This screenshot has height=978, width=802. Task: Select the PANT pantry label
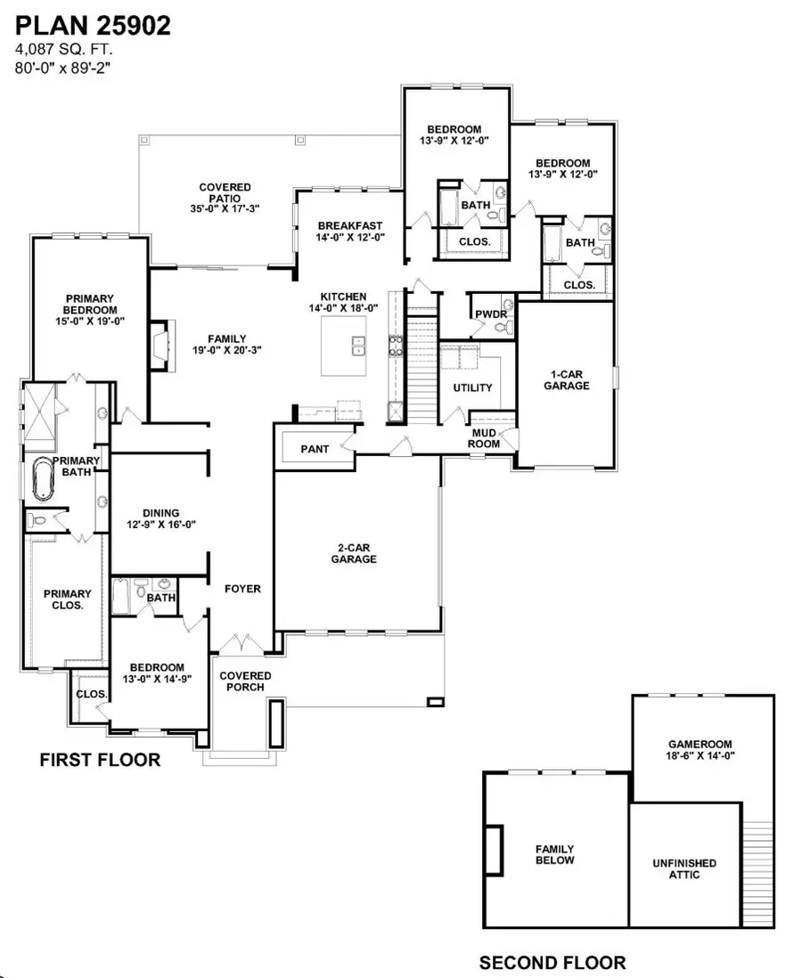click(314, 450)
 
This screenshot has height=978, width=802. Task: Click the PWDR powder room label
click(491, 314)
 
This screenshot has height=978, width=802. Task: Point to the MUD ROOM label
click(486, 436)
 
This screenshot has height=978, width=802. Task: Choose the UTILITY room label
click(472, 388)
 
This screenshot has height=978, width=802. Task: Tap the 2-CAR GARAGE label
click(356, 553)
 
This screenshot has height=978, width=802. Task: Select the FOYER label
click(242, 589)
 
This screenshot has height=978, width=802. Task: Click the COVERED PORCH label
click(245, 681)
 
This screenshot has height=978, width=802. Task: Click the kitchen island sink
click(359, 345)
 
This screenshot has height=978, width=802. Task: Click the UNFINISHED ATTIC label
click(683, 868)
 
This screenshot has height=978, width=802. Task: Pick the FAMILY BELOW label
click(554, 855)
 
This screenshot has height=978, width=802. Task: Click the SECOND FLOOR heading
click(552, 963)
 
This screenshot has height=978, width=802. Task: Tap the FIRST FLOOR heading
click(100, 760)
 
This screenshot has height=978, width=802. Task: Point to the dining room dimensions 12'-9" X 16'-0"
click(160, 525)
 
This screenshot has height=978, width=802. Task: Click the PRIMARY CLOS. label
click(68, 599)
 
